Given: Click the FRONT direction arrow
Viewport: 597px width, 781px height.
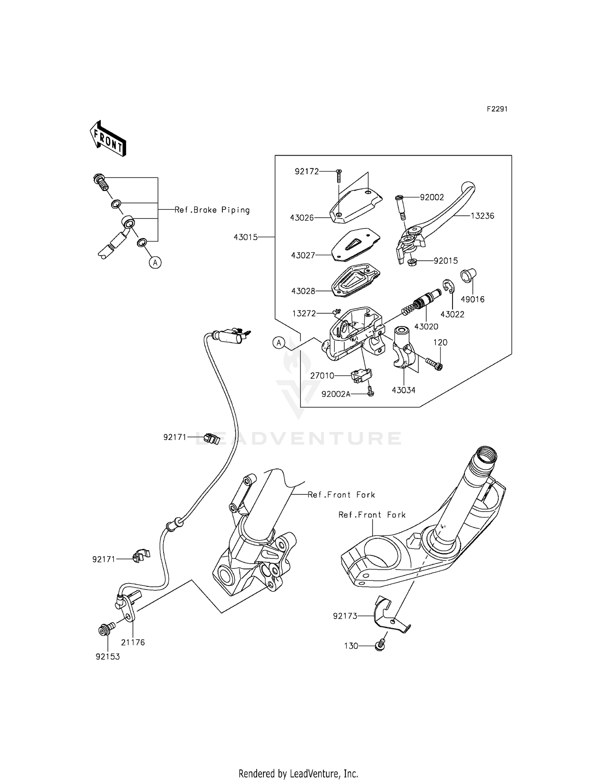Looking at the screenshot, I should [108, 138].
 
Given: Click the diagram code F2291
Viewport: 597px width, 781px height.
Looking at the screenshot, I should [497, 109].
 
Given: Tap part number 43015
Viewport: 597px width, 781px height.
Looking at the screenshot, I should [246, 237].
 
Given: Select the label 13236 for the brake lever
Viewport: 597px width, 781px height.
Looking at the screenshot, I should [482, 216].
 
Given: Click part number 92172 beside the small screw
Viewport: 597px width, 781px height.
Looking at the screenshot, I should [306, 172].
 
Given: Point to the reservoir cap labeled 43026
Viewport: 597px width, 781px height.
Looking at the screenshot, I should [356, 205].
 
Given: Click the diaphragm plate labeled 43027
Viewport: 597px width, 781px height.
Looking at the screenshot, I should [355, 244].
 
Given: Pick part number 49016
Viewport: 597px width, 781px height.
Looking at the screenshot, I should [472, 299].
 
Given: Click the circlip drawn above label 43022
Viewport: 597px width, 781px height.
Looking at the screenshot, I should [448, 287].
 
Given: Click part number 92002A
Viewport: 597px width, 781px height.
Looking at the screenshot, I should [336, 394].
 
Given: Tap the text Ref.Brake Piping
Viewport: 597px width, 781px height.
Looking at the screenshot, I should [212, 210].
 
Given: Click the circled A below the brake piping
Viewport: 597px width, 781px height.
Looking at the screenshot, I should [155, 262].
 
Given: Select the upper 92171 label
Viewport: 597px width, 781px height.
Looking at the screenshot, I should [175, 437].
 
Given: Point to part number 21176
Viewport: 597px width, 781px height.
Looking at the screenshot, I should [133, 642].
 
